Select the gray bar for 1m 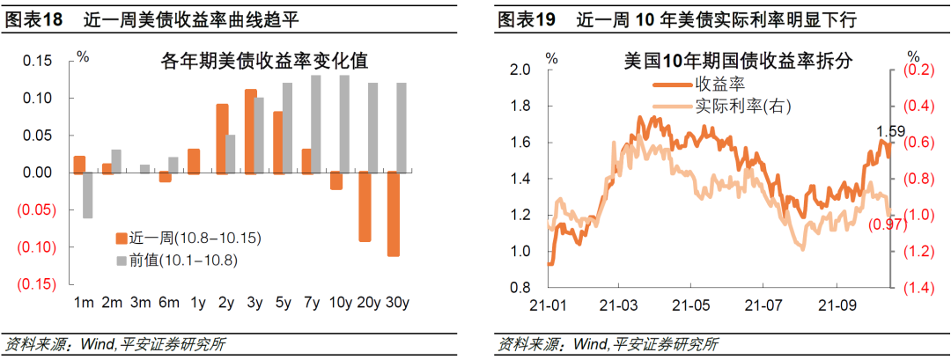[88, 195]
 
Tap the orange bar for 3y [250, 131]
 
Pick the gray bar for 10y [344, 124]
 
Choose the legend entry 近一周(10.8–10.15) [188, 238]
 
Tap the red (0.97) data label [888, 224]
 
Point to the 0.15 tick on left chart [38, 61]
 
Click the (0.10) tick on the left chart [36, 246]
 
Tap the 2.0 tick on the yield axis [520, 70]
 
